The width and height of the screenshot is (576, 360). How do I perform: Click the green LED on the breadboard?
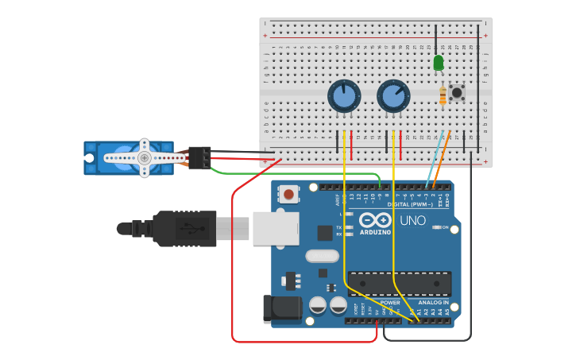click(x=439, y=62)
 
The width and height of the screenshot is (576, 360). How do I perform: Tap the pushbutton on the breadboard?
click(x=457, y=92)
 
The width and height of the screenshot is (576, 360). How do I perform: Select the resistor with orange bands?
click(x=443, y=96)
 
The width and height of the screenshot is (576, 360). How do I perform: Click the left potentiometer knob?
click(x=344, y=97)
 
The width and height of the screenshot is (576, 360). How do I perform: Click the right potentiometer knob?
click(x=393, y=96)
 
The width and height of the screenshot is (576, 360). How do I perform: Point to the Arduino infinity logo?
click(x=375, y=220)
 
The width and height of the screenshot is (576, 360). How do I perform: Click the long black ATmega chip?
click(x=400, y=284)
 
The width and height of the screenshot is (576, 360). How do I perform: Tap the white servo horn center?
click(x=144, y=157)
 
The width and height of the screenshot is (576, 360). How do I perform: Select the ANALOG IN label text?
click(x=434, y=303)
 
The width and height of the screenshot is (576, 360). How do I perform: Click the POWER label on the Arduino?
click(x=390, y=303)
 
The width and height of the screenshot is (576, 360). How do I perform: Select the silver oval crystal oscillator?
click(x=322, y=256)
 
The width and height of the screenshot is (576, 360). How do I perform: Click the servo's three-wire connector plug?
click(x=199, y=157)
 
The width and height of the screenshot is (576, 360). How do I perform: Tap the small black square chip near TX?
click(x=324, y=232)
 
